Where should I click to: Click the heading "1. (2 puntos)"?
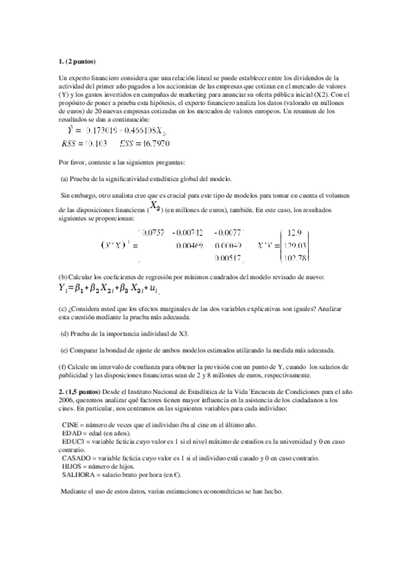tap(77, 62)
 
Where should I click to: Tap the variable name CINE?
tap(71, 425)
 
